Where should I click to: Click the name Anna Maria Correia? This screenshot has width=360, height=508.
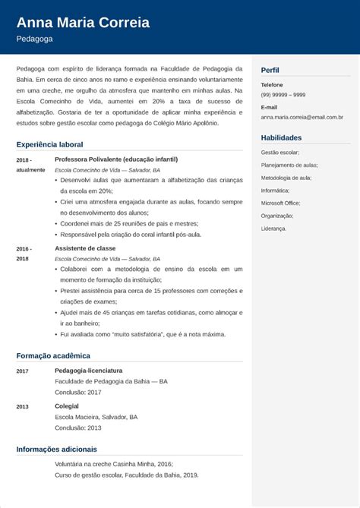[83, 21]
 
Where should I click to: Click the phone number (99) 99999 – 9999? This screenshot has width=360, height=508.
[283, 94]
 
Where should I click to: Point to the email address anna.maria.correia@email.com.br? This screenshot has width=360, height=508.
[302, 118]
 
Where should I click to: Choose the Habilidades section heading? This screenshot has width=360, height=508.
[281, 137]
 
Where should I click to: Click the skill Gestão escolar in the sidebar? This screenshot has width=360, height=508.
[279, 153]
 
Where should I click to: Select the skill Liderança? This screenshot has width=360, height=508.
[273, 228]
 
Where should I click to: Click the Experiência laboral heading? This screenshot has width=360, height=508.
[49, 144]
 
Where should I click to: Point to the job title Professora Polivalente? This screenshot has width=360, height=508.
[116, 160]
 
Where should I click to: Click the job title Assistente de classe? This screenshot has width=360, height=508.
[84, 248]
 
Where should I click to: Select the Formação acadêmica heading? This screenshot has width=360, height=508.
[52, 355]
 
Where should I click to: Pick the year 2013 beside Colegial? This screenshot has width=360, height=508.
[22, 406]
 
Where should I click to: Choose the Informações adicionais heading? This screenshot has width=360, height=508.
[56, 448]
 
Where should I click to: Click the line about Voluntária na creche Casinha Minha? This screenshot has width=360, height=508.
[108, 463]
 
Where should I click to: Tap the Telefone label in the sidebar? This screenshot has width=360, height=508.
[272, 84]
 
